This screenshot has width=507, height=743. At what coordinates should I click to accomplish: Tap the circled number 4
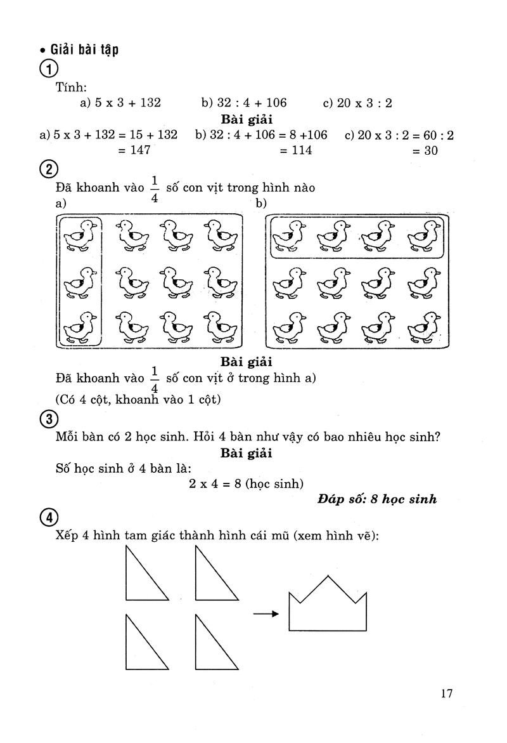click(x=49, y=519)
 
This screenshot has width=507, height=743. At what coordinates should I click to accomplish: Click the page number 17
click(x=447, y=693)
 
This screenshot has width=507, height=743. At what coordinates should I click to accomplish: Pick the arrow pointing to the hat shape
click(x=266, y=614)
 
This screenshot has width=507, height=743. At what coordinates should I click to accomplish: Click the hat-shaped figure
click(x=327, y=606)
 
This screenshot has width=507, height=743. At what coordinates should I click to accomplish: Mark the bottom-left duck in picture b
click(x=288, y=327)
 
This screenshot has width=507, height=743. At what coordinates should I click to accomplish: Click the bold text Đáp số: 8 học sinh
click(x=377, y=499)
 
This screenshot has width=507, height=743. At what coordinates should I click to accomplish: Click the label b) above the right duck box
click(x=261, y=204)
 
